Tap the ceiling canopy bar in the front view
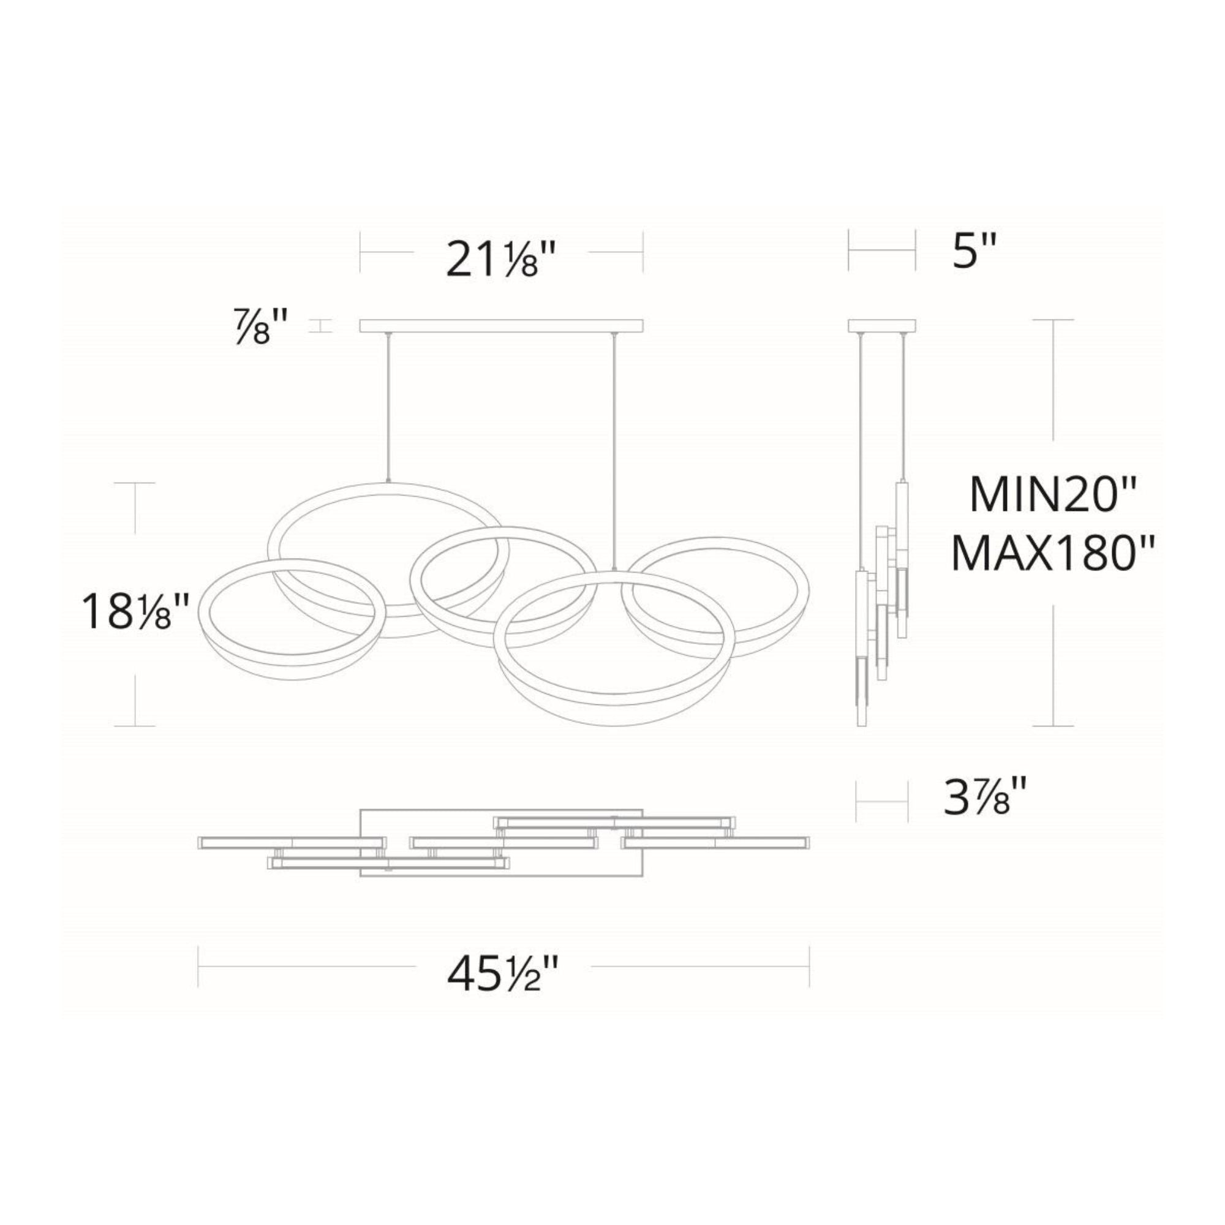point(502,326)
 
